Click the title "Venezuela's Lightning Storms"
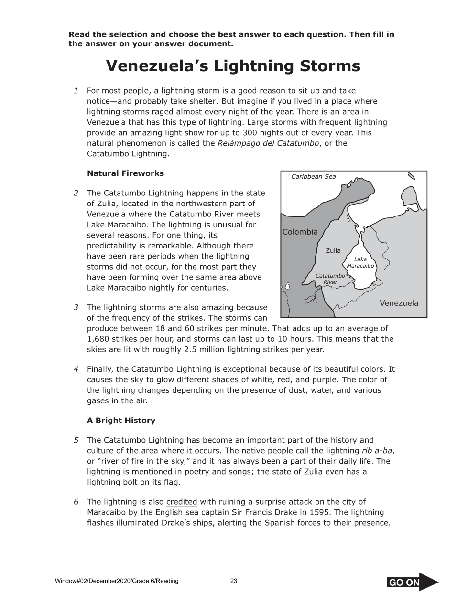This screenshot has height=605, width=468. tap(233, 66)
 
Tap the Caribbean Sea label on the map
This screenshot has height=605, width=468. tap(313, 177)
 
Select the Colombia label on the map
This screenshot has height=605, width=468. tap(300, 232)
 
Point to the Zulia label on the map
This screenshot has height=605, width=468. tap(333, 250)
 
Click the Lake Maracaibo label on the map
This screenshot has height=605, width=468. tap(360, 262)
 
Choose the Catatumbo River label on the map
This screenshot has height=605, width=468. tap(330, 279)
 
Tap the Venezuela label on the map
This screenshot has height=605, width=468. tap(399, 303)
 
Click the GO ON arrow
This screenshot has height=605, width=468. tap(412, 582)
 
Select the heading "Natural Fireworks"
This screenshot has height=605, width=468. tap(125, 173)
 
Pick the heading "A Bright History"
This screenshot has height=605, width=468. tap(121, 421)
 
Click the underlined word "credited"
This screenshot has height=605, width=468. tap(181, 502)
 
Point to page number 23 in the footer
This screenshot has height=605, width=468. tap(234, 581)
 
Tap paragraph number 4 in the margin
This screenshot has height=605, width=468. tap(76, 369)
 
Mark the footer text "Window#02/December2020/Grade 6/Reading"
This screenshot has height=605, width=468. tap(117, 581)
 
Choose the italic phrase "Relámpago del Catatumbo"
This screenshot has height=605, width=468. tap(268, 143)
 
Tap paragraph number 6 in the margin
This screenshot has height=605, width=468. tap(76, 502)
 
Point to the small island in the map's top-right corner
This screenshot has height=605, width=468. tap(412, 176)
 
